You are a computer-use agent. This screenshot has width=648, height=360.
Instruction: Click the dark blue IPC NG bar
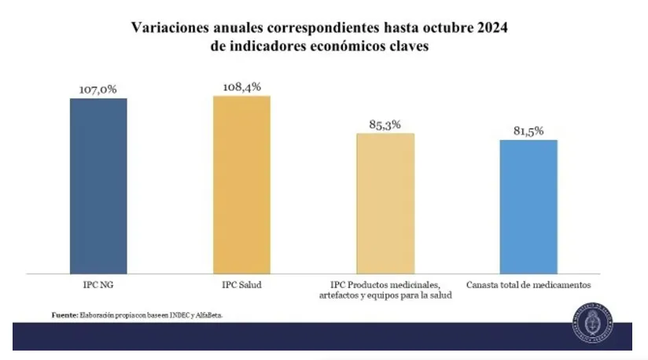click(x=98, y=186)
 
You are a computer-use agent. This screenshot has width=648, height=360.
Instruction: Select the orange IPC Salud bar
click(x=241, y=184)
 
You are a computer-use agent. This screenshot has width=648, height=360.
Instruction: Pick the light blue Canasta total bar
click(x=528, y=206)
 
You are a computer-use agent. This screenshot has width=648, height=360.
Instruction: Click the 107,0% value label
click(x=98, y=90)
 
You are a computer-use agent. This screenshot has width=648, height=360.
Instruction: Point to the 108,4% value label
click(x=241, y=87)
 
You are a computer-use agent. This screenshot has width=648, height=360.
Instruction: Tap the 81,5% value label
click(x=528, y=131)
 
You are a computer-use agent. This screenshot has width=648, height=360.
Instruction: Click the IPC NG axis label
click(x=98, y=284)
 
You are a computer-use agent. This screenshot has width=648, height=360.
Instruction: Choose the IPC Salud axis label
click(x=241, y=284)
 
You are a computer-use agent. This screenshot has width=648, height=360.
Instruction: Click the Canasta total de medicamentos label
click(x=528, y=284)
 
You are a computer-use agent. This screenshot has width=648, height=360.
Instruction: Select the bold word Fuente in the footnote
click(x=64, y=314)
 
